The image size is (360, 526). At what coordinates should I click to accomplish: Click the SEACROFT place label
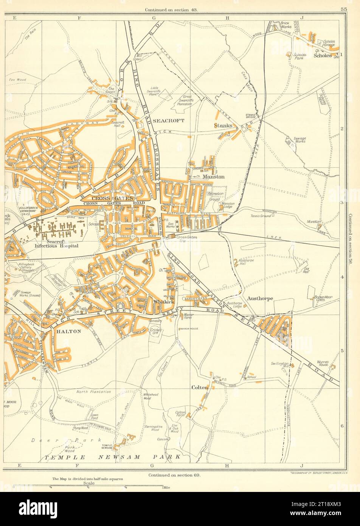tap(169, 120)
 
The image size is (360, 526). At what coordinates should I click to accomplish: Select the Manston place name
tap(213, 177)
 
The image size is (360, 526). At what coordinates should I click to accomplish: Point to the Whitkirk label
tap(163, 302)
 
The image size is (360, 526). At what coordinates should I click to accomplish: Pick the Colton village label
tap(200, 387)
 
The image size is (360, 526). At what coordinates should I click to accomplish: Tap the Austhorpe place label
tap(260, 298)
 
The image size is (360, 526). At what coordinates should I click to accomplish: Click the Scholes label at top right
tap(323, 55)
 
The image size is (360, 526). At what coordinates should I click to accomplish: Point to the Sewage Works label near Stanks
tap(299, 140)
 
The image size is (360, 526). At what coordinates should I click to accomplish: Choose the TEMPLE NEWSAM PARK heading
tap(113, 457)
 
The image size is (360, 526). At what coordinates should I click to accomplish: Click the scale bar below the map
tap(88, 486)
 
